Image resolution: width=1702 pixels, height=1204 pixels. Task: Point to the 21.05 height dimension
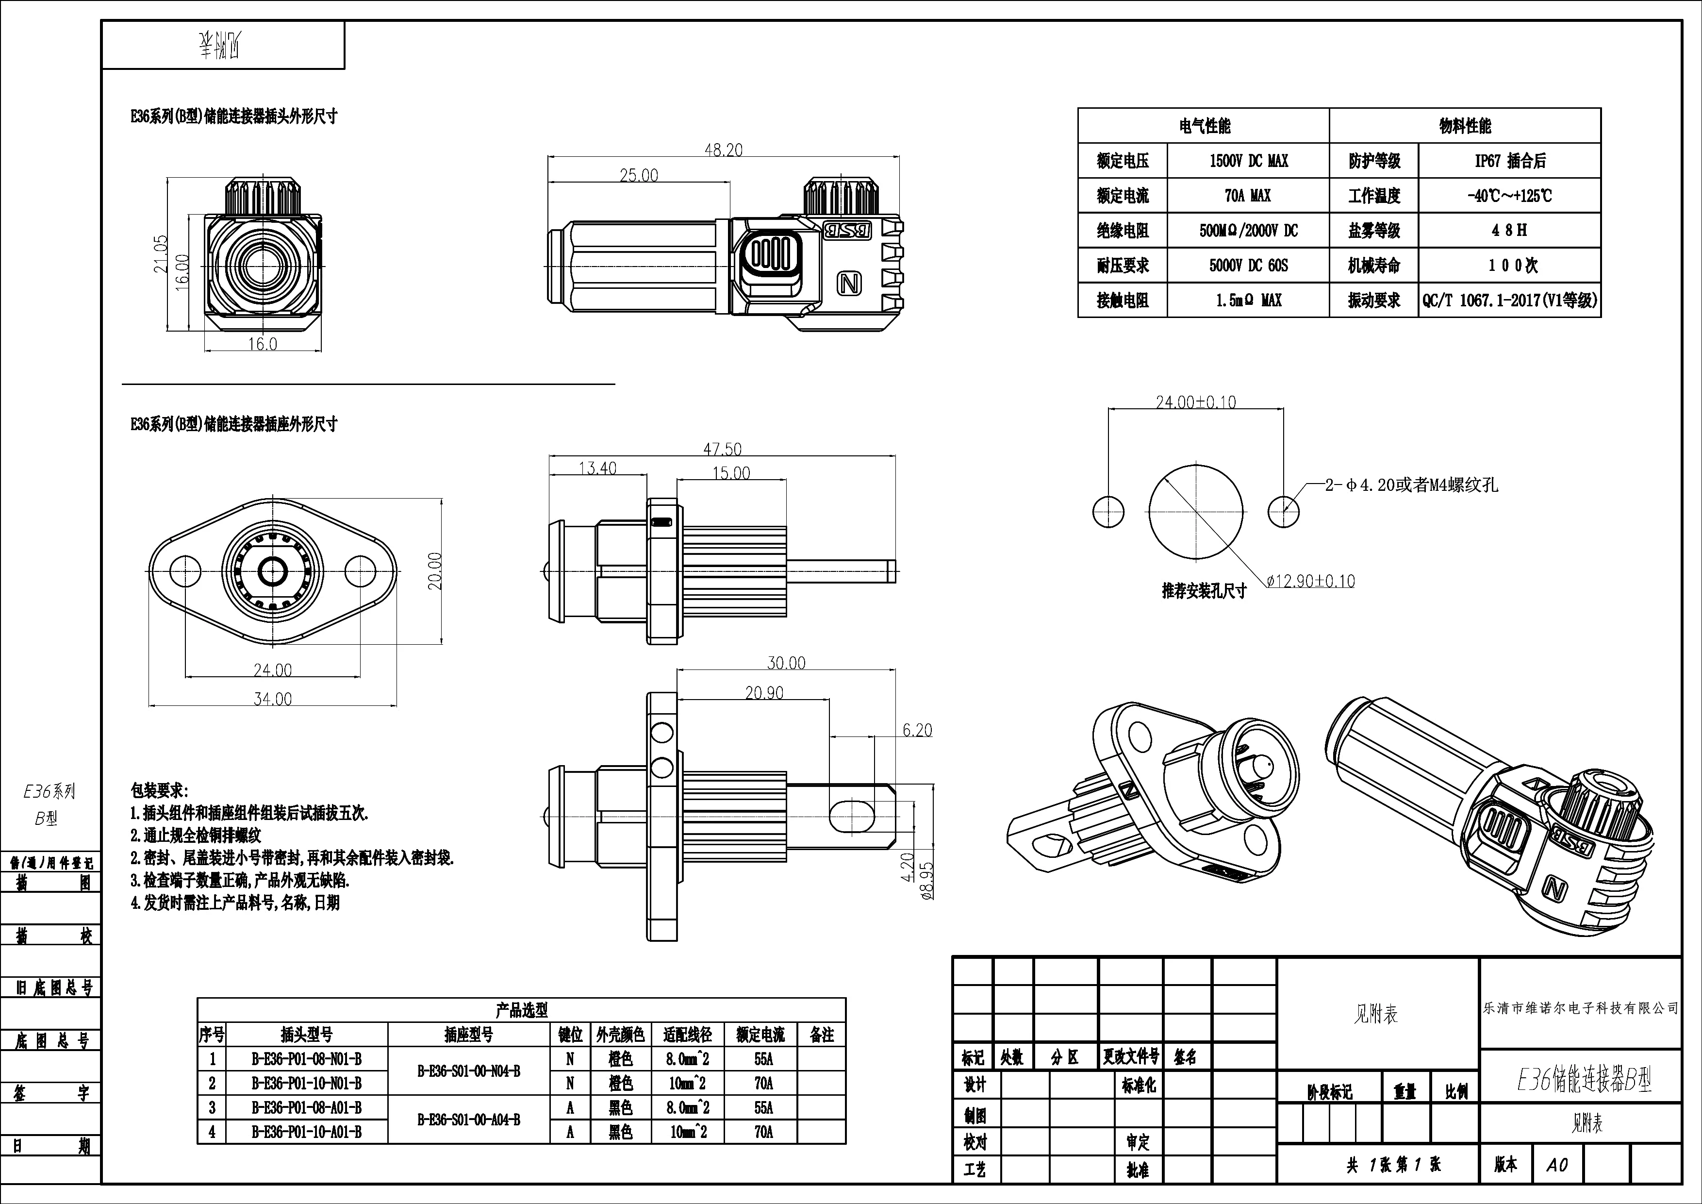(161, 253)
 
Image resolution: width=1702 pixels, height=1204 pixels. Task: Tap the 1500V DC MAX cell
(1248, 161)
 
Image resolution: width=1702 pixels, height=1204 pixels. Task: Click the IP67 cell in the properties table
(1509, 161)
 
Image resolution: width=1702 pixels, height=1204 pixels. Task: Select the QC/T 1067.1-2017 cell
(1509, 300)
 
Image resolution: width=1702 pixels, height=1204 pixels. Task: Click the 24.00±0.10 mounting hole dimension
(1196, 402)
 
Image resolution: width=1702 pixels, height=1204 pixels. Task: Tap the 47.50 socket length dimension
(722, 449)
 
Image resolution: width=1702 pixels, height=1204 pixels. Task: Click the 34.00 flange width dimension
(273, 699)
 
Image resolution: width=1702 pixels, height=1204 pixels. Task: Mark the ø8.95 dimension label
(926, 880)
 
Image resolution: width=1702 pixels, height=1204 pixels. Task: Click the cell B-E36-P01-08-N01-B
(306, 1059)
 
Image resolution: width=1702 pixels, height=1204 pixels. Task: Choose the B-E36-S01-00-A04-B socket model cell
(468, 1120)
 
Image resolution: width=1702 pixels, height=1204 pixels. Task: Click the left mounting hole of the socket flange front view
(185, 571)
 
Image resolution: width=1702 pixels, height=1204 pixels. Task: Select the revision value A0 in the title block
(1557, 1165)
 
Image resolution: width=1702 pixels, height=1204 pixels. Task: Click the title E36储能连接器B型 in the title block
(1584, 1082)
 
